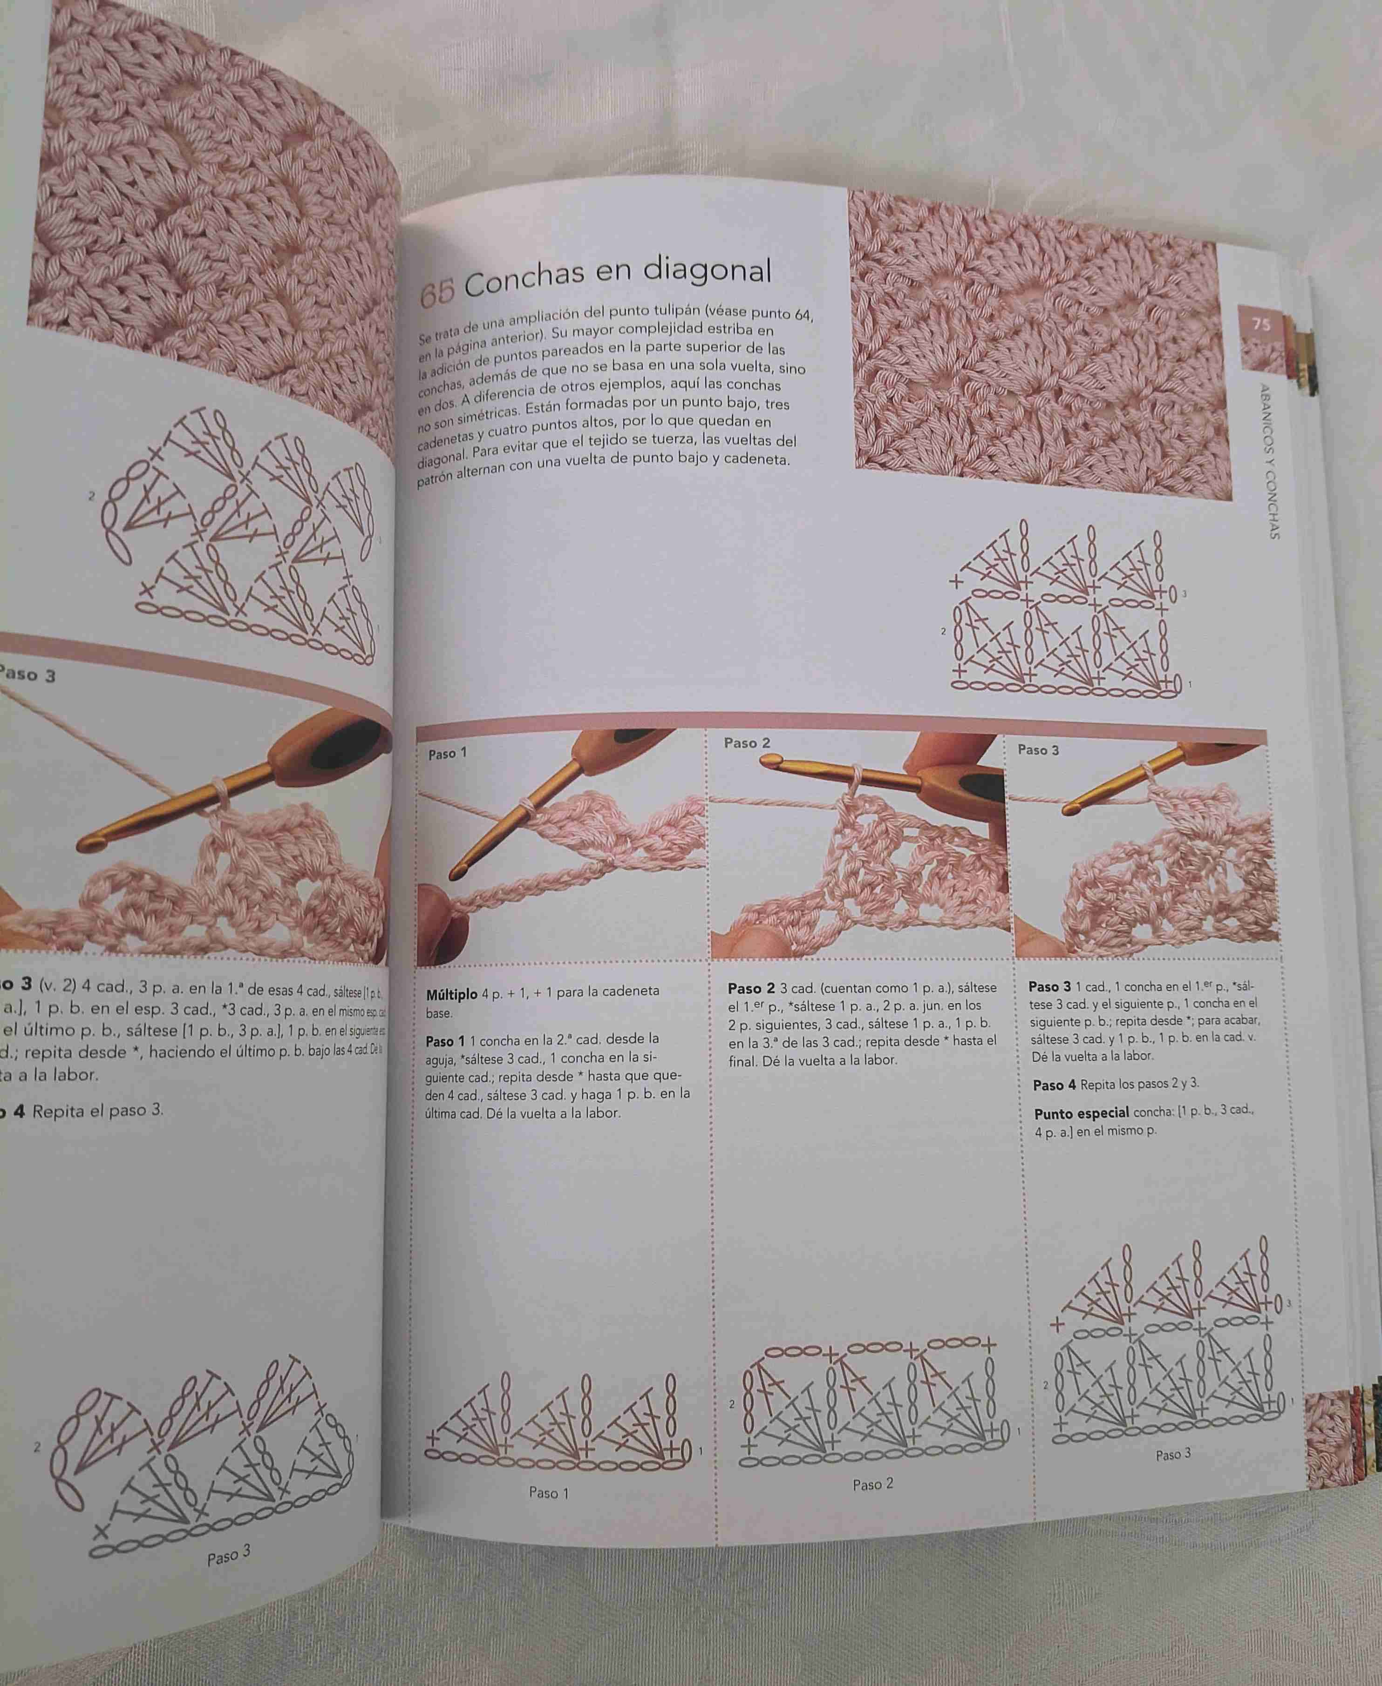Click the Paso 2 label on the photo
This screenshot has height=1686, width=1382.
click(x=747, y=743)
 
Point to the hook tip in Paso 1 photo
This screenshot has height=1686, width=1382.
click(x=457, y=872)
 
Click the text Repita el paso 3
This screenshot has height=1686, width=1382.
click(x=97, y=1111)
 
